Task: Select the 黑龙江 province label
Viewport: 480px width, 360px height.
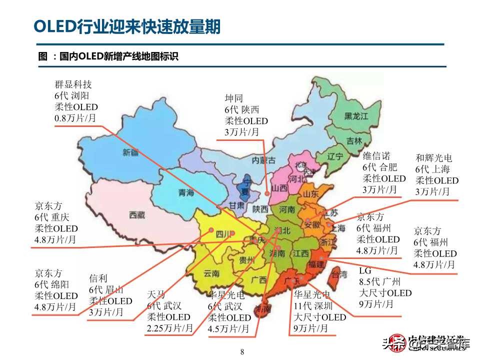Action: coord(356,116)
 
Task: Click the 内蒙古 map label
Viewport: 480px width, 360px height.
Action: coord(264,160)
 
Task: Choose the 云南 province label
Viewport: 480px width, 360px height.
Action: coord(211,273)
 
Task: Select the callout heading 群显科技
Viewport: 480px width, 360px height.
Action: coord(73,84)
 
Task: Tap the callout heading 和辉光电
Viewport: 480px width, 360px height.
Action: coord(433,157)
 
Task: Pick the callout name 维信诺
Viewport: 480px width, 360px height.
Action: coord(376,156)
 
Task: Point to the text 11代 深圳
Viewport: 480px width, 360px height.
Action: coord(316,305)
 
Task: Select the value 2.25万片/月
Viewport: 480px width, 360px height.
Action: coord(170,328)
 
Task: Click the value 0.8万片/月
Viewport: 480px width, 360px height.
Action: coord(75,118)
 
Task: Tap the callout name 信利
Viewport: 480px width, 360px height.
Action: coord(98,278)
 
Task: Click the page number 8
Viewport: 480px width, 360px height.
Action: coord(242,352)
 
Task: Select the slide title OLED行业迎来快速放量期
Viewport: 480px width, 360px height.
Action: coord(126,26)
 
